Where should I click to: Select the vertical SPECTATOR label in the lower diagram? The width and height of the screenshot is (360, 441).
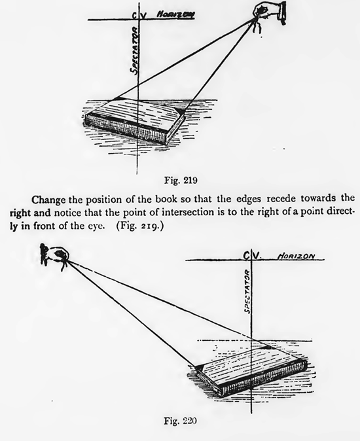click(248, 289)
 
